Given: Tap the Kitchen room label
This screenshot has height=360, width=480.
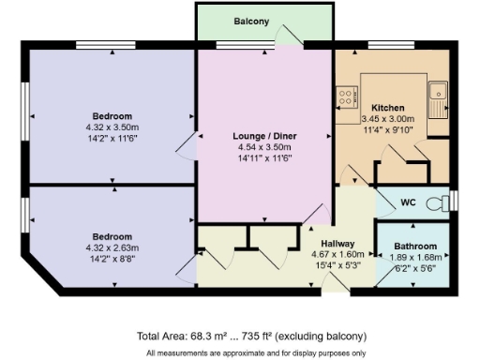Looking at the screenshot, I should click(x=388, y=108).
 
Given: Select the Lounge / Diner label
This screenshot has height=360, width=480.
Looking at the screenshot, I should click(x=264, y=136).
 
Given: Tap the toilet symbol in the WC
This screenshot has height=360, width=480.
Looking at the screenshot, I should click(x=437, y=202).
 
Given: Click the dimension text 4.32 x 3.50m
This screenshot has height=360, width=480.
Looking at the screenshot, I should click(x=112, y=127).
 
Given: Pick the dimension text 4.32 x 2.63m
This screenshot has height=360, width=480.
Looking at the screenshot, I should click(x=112, y=247).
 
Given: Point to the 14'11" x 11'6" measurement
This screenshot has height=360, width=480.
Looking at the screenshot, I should click(x=264, y=157).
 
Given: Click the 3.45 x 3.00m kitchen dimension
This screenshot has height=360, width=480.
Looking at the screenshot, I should click(x=388, y=119).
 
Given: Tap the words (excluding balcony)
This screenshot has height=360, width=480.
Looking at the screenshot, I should click(x=326, y=336).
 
